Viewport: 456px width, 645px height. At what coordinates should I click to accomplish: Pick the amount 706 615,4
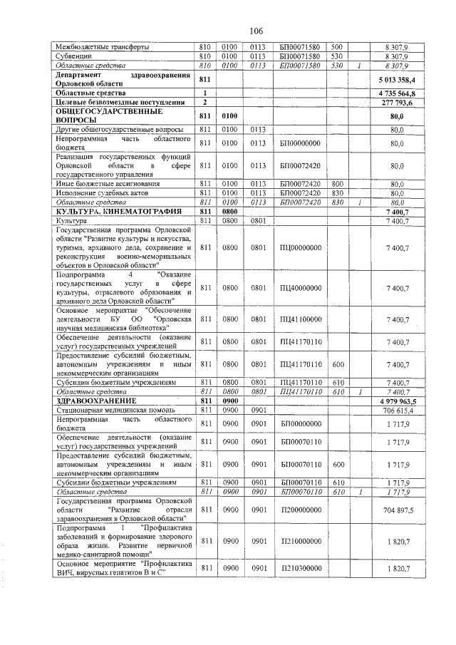(x=399, y=411)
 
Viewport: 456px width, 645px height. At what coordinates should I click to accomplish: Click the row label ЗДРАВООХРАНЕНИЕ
(x=90, y=401)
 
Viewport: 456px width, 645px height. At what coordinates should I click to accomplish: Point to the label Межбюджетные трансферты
(x=102, y=46)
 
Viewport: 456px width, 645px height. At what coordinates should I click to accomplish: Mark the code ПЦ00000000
(x=300, y=247)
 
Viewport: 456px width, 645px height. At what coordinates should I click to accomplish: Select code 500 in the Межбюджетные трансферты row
(x=338, y=46)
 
